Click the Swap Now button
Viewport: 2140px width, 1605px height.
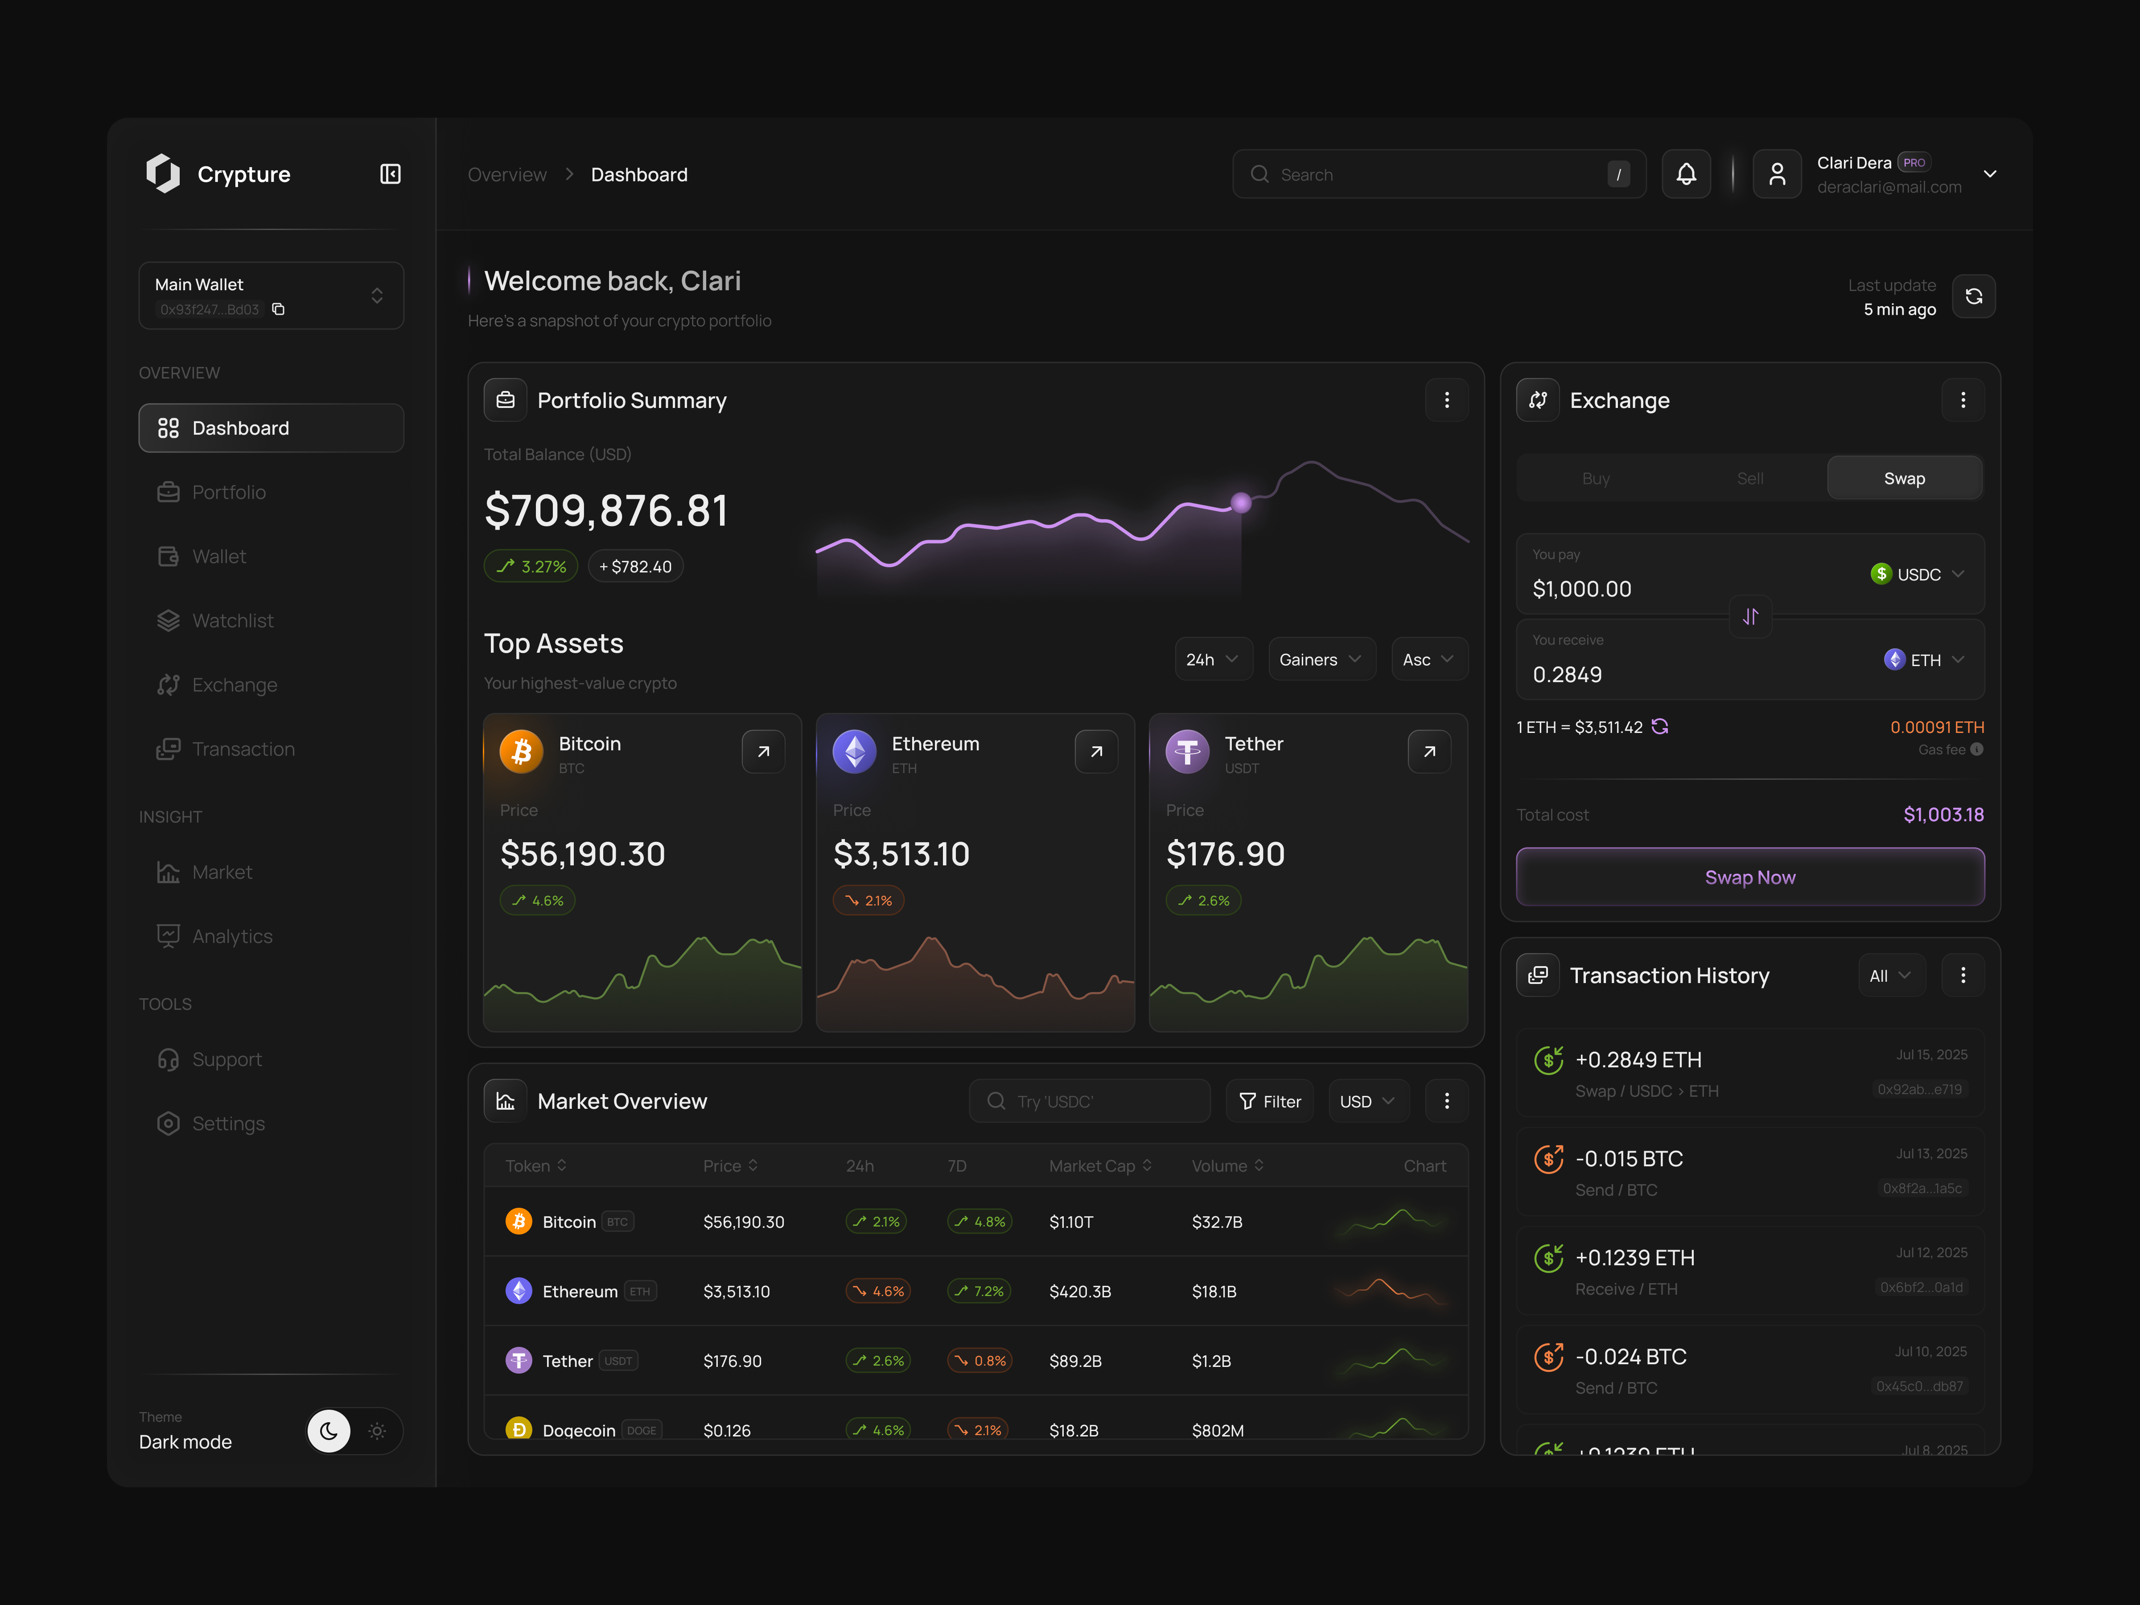(1749, 877)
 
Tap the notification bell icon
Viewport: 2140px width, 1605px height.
(1685, 174)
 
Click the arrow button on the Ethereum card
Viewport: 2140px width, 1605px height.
(1095, 752)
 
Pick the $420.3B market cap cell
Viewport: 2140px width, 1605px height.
(1080, 1292)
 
